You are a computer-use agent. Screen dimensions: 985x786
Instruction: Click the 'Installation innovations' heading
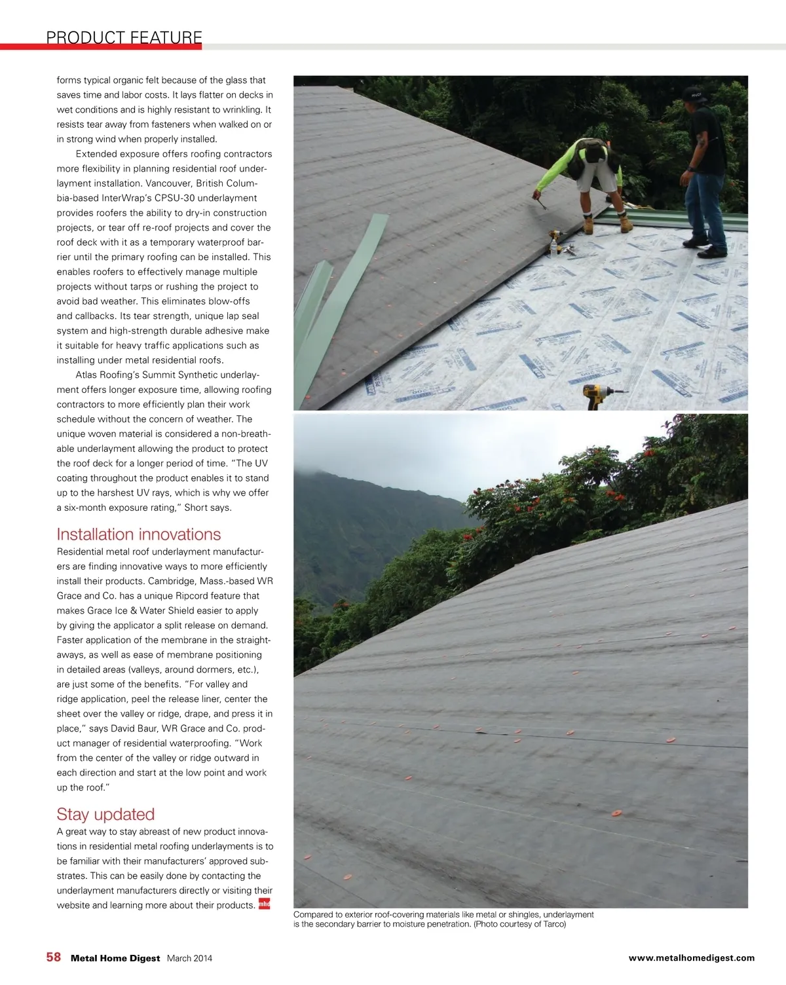pos(138,534)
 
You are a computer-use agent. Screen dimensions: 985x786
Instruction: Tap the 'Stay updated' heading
pos(105,814)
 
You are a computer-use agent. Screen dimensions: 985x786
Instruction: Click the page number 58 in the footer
pos(54,957)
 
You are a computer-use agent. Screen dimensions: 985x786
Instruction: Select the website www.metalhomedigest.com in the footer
pos(691,957)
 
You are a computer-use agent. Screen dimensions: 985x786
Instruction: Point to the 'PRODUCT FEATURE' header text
pos(124,37)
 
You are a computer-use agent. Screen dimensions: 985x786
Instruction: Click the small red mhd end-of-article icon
pos(264,904)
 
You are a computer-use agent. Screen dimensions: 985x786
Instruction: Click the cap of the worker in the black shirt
pos(693,93)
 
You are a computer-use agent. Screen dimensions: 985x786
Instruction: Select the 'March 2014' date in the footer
pos(189,958)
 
